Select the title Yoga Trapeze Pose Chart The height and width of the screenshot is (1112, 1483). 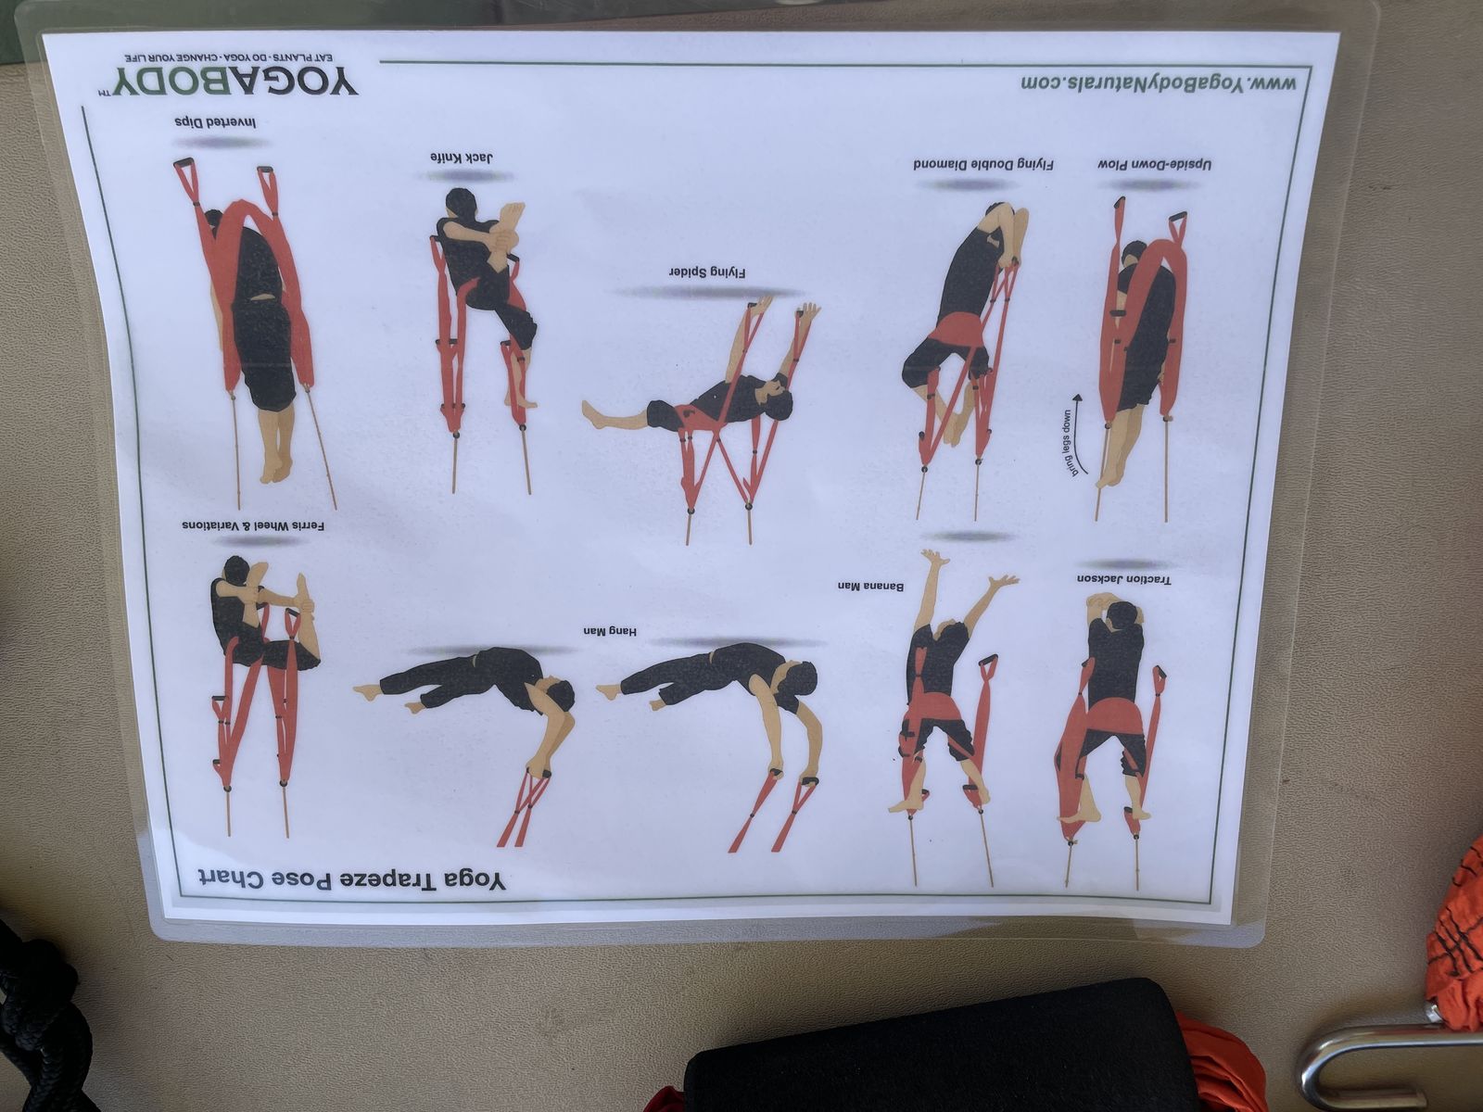[351, 878]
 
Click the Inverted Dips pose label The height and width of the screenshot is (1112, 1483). [216, 123]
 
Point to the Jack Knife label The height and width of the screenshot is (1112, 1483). [462, 158]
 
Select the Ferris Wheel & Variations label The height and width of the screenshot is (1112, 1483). [253, 525]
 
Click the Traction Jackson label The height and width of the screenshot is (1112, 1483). [1124, 580]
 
